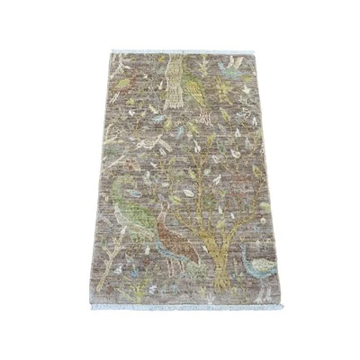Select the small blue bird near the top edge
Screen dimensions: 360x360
coord(232,65)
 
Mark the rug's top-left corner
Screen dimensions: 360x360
coord(110,52)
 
